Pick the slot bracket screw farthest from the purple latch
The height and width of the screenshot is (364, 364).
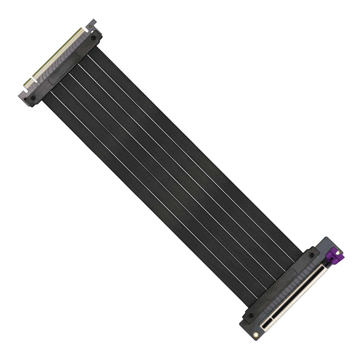pos(251,315)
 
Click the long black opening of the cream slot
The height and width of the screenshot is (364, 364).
pos(300,291)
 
